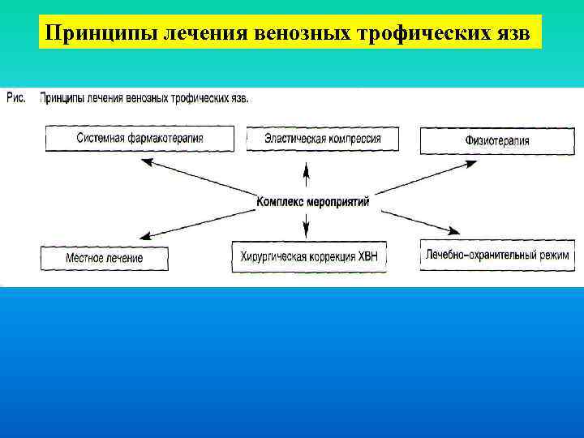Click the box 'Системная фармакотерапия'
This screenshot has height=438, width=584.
tap(140, 139)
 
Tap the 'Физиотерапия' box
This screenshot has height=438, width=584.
tap(496, 140)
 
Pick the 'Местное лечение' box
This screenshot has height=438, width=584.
tap(104, 258)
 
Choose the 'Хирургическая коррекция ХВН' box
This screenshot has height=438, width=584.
tap(309, 257)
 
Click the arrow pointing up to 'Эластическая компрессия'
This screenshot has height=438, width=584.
tap(307, 177)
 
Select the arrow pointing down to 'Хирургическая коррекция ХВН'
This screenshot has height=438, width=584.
tap(307, 224)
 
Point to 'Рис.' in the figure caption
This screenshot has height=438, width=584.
tap(16, 99)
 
